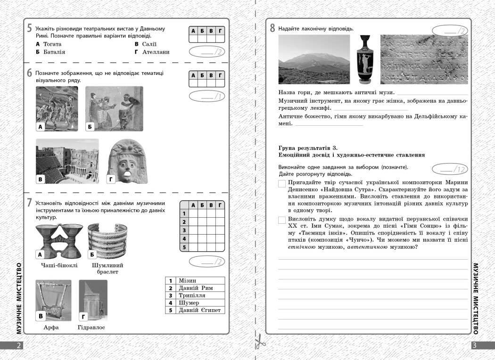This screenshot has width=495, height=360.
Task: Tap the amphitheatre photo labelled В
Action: click(67, 161)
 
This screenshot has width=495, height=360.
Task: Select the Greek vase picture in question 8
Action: click(364, 59)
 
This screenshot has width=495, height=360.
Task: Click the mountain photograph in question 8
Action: click(314, 59)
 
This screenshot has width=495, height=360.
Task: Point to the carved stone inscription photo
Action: click(424, 59)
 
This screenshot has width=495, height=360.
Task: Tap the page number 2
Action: click(18, 345)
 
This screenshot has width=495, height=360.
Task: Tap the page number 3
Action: click(475, 345)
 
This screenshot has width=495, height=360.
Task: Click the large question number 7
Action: click(29, 203)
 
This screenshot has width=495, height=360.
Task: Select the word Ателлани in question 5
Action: click(155, 52)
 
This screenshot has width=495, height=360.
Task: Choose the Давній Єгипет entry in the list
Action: click(199, 310)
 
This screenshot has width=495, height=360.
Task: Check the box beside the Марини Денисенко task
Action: click(282, 184)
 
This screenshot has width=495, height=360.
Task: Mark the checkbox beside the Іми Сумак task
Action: click(282, 220)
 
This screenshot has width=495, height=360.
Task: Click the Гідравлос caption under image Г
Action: click(91, 327)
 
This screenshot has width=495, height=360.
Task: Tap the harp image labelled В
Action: click(53, 300)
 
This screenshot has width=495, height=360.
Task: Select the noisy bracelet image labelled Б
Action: click(107, 242)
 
